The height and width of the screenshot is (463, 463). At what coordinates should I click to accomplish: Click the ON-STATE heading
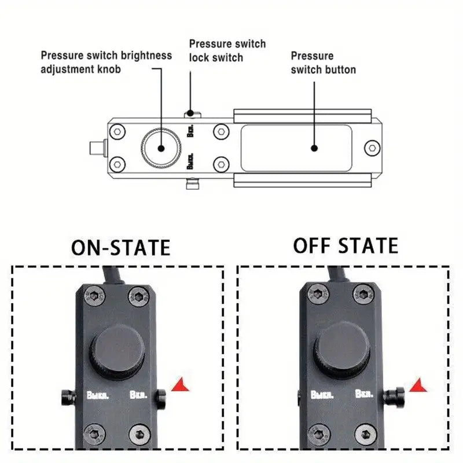pyautogui.click(x=120, y=247)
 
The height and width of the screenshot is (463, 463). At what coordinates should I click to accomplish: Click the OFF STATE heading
pyautogui.click(x=346, y=245)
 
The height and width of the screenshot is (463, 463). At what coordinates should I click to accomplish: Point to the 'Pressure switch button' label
pyautogui.click(x=323, y=63)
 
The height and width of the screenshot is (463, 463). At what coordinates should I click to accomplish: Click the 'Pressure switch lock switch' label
pyautogui.click(x=227, y=50)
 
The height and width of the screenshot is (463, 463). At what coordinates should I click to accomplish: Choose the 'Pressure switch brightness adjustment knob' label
pyautogui.click(x=106, y=62)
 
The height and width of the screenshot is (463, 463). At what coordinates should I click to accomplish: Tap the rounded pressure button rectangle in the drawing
pyautogui.click(x=296, y=148)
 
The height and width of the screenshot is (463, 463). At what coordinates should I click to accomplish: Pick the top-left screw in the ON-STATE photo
pyautogui.click(x=95, y=297)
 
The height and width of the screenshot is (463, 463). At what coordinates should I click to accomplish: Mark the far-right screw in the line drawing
pyautogui.click(x=372, y=148)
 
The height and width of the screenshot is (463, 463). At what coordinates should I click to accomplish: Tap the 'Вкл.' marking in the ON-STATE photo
pyautogui.click(x=138, y=396)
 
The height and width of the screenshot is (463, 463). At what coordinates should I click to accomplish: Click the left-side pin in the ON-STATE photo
pyautogui.click(x=68, y=396)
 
